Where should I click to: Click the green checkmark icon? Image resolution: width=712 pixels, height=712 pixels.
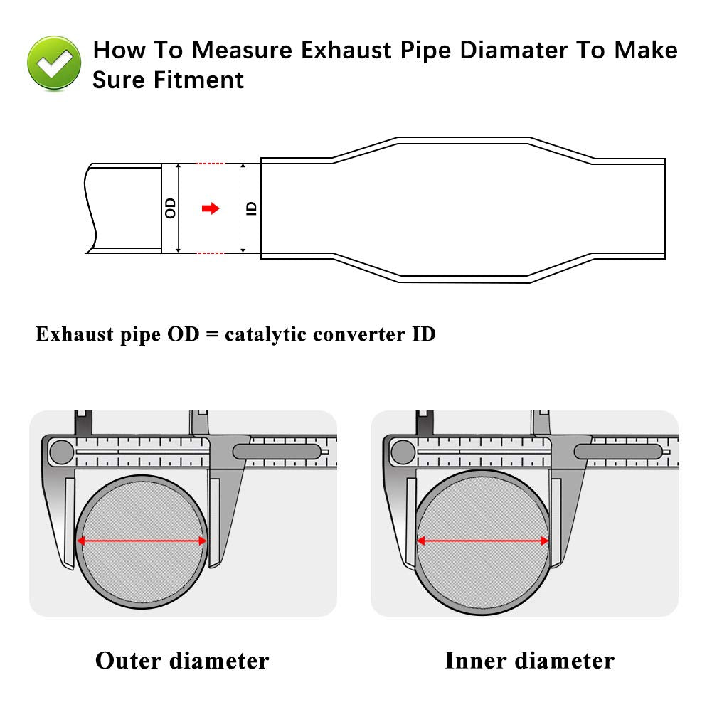tap(54, 63)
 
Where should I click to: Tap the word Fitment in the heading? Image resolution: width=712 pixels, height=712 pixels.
tap(198, 80)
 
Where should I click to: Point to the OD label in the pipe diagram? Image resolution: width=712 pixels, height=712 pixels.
tap(170, 208)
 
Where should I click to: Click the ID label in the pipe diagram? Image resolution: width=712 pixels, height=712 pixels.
tap(251, 208)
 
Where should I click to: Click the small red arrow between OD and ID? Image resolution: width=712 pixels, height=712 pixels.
tap(211, 208)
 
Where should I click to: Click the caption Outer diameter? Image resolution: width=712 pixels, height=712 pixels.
tap(182, 660)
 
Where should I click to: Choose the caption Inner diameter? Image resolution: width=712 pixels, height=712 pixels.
tap(529, 660)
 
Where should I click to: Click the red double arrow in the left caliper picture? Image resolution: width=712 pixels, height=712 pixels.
tap(142, 541)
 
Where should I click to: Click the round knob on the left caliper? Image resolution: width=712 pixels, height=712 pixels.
tap(62, 451)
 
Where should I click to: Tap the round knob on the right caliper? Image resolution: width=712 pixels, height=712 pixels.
tap(403, 451)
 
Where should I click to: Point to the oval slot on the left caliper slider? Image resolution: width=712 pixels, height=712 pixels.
tap(277, 451)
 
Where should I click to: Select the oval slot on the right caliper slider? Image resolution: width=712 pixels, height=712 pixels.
tap(617, 451)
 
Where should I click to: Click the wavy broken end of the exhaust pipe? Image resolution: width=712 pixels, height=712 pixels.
tap(90, 208)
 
